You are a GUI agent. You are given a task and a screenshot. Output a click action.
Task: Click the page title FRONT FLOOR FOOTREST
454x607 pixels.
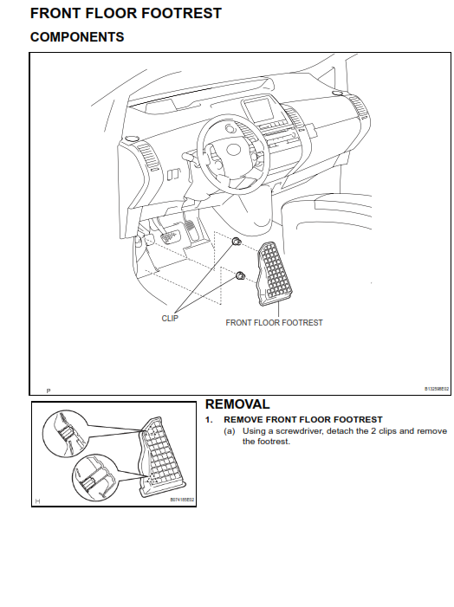pyautogui.click(x=126, y=14)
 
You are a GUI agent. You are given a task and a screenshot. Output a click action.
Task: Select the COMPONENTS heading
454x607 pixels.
pyautogui.click(x=77, y=37)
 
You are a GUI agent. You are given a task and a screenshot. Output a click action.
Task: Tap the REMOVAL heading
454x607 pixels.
pyautogui.click(x=237, y=404)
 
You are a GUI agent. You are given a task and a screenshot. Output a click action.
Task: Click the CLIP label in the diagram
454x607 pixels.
pyautogui.click(x=170, y=318)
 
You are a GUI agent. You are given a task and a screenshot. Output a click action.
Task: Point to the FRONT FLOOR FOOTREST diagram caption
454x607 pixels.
pyautogui.click(x=274, y=322)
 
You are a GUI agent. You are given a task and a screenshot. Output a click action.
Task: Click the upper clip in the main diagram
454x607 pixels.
pyautogui.click(x=235, y=244)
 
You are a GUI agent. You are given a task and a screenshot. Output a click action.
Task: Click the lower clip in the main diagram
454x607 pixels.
pyautogui.click(x=240, y=276)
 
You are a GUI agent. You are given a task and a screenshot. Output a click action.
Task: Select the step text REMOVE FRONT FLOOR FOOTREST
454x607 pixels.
pyautogui.click(x=297, y=419)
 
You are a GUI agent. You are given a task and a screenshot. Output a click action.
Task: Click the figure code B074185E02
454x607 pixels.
pyautogui.click(x=182, y=500)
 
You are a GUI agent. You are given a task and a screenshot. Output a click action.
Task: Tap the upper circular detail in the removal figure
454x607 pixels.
pyautogui.click(x=64, y=427)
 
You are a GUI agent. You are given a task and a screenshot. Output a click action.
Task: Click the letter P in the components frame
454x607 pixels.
pyautogui.click(x=49, y=391)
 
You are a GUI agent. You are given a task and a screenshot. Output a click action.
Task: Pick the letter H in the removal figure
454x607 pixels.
pyautogui.click(x=37, y=500)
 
